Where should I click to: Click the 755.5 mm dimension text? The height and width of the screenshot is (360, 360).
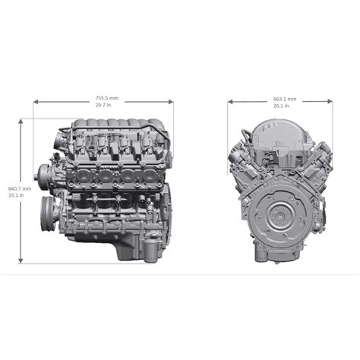click(106, 98)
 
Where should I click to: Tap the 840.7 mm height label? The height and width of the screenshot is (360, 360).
click(19, 188)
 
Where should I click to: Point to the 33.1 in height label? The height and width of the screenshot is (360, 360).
click(16, 195)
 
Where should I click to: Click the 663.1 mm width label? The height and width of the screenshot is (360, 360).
click(284, 98)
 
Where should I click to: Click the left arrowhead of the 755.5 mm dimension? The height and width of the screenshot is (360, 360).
click(35, 102)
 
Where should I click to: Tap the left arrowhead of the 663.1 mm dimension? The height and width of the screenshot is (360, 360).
click(229, 102)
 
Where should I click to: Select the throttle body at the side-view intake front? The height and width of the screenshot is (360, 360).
click(63, 139)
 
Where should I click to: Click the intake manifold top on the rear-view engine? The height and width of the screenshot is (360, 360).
click(279, 136)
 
